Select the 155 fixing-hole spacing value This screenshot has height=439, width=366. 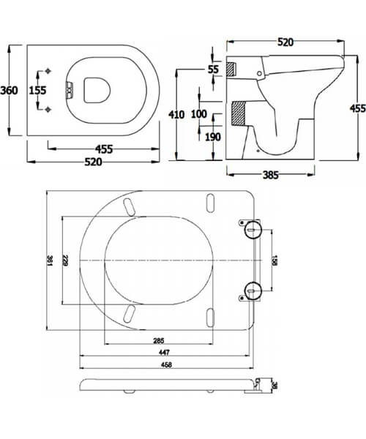click(37, 90)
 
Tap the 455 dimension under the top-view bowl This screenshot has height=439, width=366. click(104, 149)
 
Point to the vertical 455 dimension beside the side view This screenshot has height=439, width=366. click(357, 108)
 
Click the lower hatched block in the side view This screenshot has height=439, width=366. click(236, 114)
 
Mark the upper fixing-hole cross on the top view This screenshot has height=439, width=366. click(48, 72)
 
